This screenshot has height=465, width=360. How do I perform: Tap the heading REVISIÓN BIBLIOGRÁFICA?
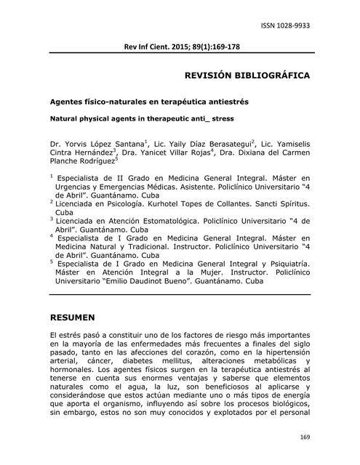click(248, 75)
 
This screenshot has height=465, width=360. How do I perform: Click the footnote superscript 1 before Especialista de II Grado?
click(52, 176)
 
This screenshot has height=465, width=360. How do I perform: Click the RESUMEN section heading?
click(73, 318)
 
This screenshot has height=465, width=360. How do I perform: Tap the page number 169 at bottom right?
click(304, 437)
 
